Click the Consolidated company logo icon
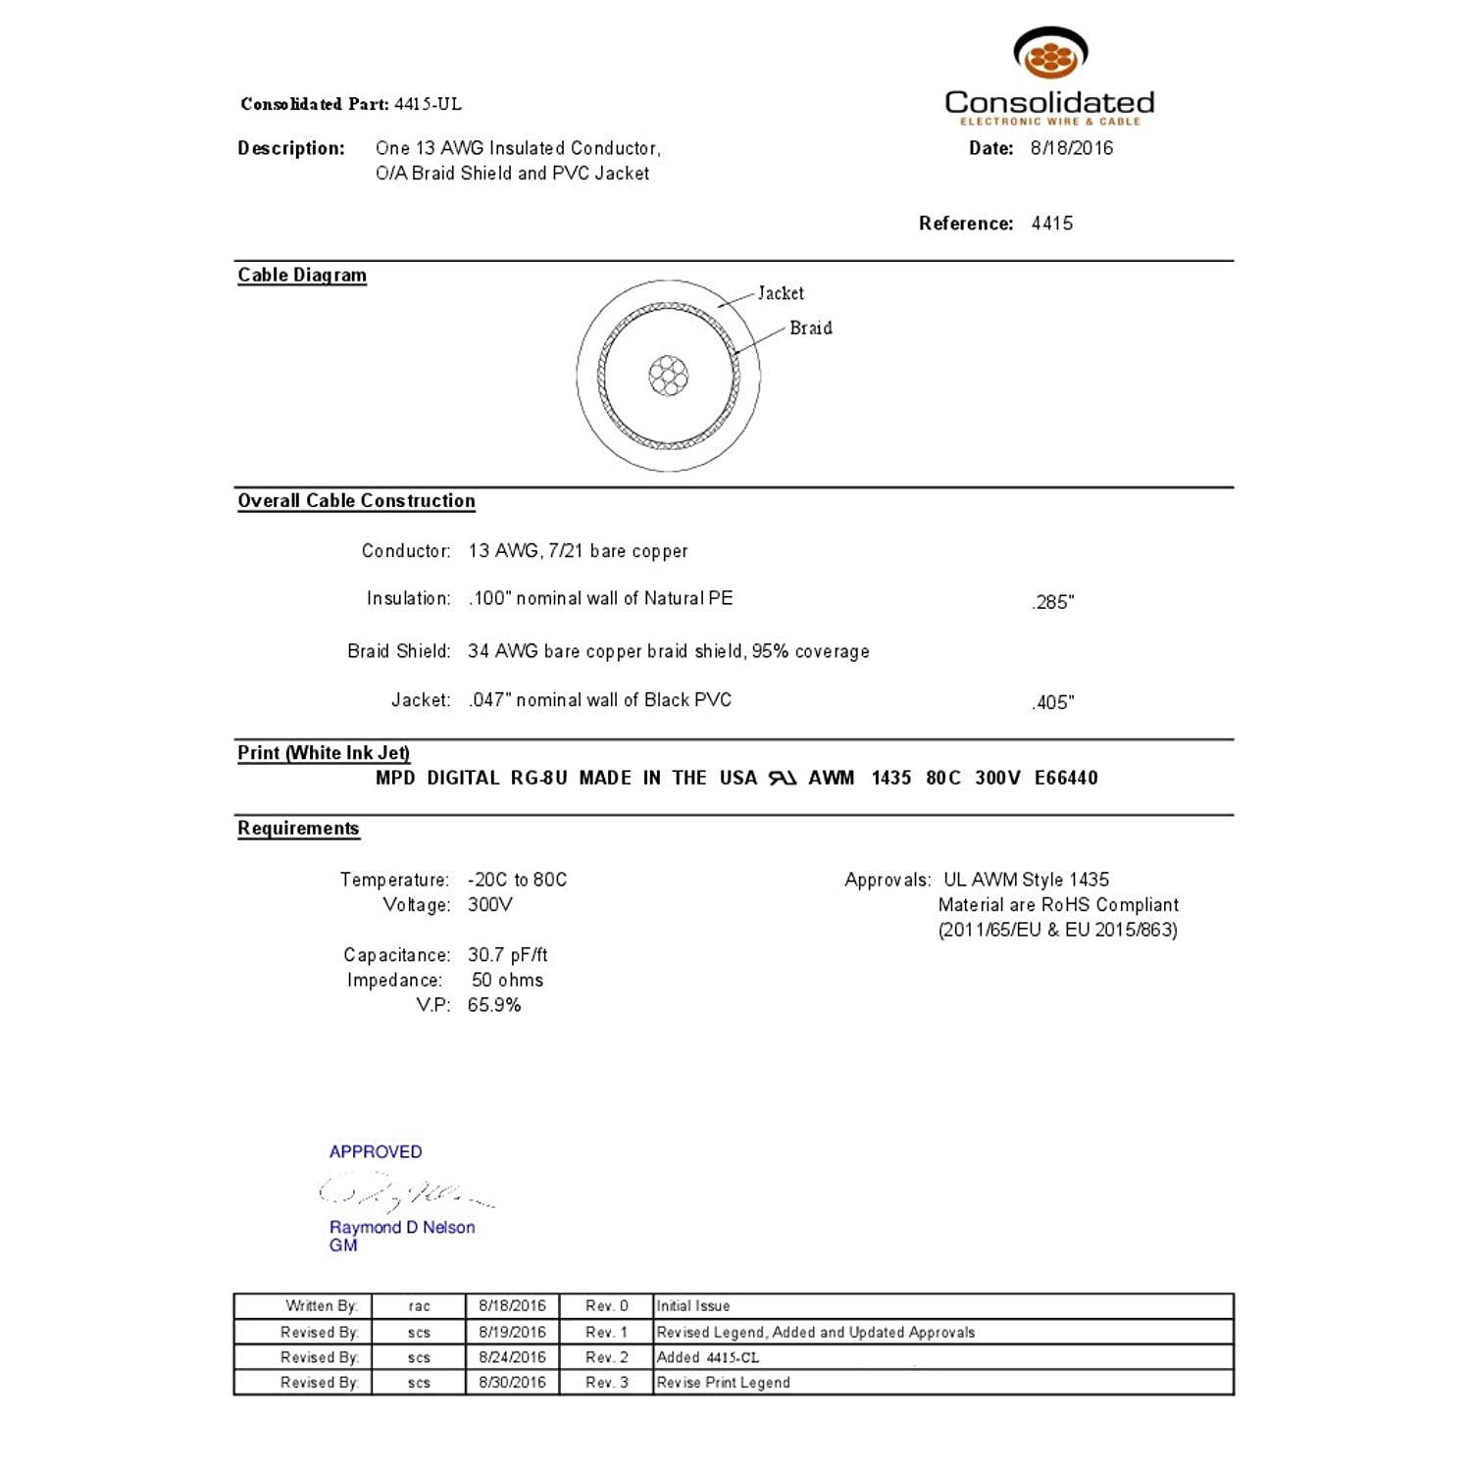pos(1050,54)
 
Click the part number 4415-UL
pos(428,104)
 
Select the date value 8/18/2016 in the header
pos(1072,148)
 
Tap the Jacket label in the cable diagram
pos(781,293)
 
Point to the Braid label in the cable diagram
pos(811,329)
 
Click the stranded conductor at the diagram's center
pos(669,376)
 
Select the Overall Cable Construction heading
pos(356,501)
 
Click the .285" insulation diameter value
pos(1053,602)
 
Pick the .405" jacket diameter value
pos(1053,702)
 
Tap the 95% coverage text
pos(810,651)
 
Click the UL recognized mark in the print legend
pos(783,778)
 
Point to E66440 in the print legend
pos(1066,778)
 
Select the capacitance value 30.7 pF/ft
pos(508,955)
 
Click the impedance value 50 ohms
pos(507,980)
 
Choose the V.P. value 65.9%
pos(494,1005)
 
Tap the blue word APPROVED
pos(376,1152)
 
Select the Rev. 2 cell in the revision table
pos(606,1357)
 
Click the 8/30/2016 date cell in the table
pos(512,1383)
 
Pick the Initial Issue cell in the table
pos(693,1306)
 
